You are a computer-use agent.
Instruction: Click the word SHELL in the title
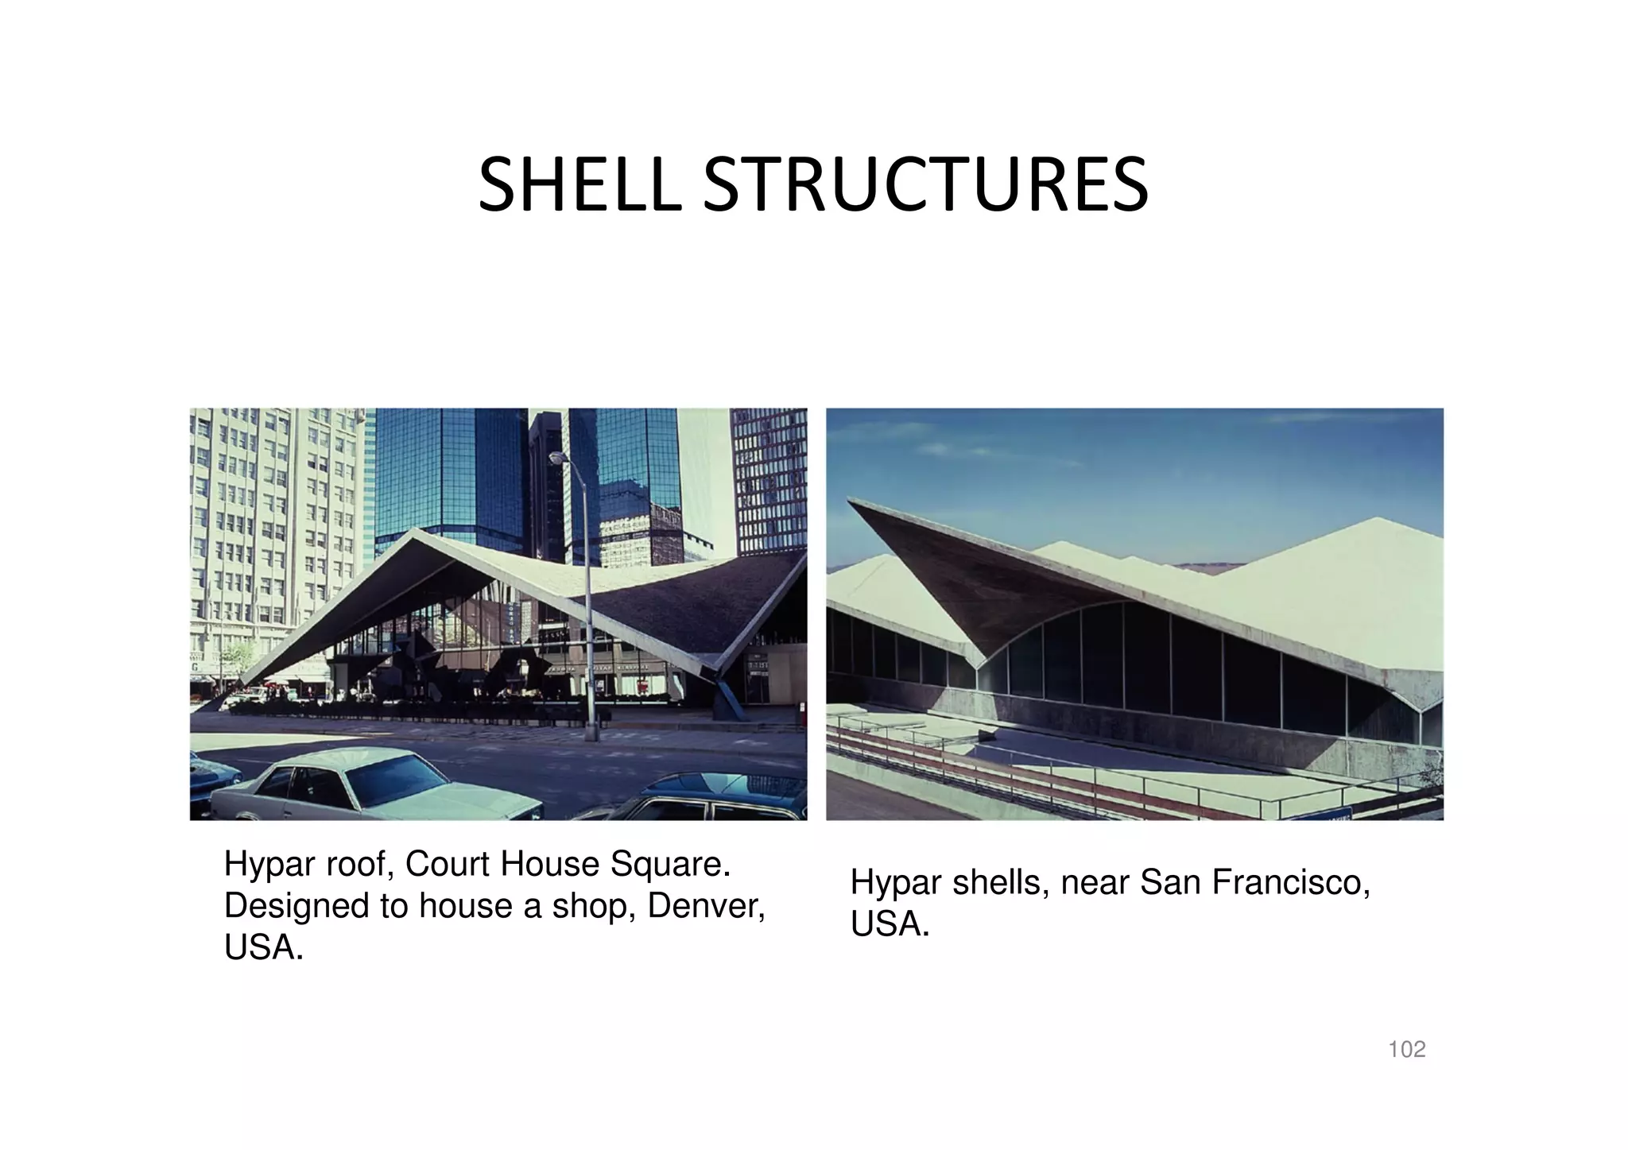tap(579, 186)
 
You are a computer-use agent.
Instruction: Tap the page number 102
tap(1406, 1050)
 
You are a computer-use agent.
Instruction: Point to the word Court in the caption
tap(441, 864)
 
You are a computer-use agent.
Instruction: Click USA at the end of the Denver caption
tap(263, 948)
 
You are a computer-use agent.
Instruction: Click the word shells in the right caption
tap(998, 882)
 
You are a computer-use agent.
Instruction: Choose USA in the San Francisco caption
tap(890, 924)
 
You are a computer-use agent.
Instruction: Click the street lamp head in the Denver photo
tap(559, 458)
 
